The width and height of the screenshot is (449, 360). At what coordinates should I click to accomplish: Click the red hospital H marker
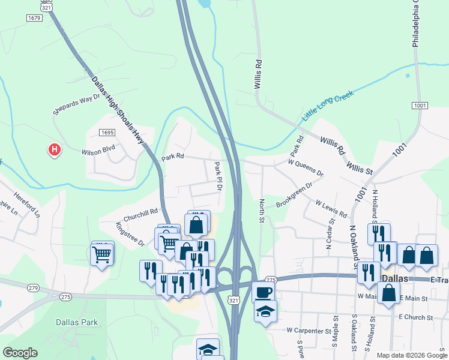click(x=55, y=149)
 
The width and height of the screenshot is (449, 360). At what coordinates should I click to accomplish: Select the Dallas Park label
click(x=77, y=322)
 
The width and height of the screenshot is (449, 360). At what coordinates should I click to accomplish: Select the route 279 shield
click(x=33, y=289)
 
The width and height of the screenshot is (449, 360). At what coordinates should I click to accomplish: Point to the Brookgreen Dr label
click(x=294, y=196)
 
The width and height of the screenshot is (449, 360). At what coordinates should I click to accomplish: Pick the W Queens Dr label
click(x=306, y=167)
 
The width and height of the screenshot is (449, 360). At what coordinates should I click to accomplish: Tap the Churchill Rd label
click(x=140, y=213)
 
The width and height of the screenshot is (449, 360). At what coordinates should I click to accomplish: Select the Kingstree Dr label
click(x=130, y=235)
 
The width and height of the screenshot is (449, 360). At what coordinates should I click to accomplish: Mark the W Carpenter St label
click(x=309, y=331)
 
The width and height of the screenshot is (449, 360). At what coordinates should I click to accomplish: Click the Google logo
click(x=20, y=353)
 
